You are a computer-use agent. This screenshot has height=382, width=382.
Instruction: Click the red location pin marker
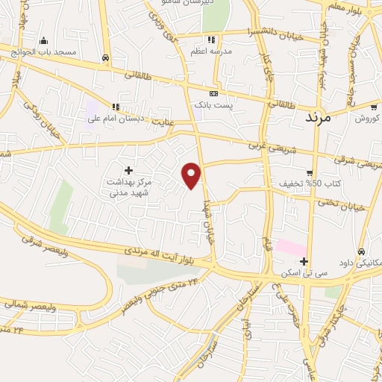[x=192, y=175]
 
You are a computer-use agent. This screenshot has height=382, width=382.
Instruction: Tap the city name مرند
[x=328, y=117]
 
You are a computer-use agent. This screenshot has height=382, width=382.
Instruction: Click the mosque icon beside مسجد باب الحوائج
[x=43, y=41]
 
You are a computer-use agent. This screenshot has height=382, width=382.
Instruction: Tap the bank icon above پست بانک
[x=214, y=94]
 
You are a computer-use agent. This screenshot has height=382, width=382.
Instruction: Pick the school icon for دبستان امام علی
[x=116, y=107]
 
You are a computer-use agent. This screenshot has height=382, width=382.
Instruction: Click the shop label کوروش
[x=368, y=118]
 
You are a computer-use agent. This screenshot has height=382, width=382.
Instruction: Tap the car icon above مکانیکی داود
[x=362, y=251]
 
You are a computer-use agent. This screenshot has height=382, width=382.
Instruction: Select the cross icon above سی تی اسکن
[x=304, y=261]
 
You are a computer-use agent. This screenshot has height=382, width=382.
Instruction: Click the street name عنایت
[x=163, y=120]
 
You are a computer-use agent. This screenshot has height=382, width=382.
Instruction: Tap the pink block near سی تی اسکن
[x=290, y=247]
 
